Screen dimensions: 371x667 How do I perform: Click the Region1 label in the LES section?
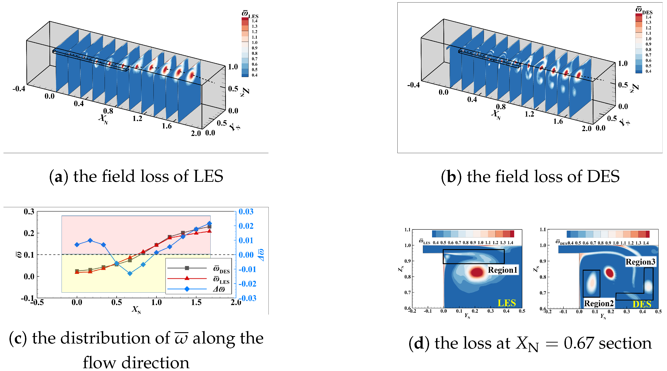(502, 270)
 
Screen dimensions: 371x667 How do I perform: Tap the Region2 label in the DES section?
(599, 303)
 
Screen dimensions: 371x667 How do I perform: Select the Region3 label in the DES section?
(640, 262)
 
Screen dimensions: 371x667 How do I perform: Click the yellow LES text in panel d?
(506, 303)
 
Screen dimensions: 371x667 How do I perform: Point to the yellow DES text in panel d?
(642, 304)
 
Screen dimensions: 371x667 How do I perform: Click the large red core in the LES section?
(477, 272)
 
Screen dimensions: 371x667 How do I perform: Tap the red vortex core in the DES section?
(610, 273)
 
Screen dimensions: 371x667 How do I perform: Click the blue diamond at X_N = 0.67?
(130, 273)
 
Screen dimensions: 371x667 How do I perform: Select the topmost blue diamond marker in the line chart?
(209, 223)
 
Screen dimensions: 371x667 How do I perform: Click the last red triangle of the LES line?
(209, 231)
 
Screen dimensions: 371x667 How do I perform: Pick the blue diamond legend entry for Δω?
(187, 289)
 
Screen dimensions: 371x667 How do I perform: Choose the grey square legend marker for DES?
(187, 268)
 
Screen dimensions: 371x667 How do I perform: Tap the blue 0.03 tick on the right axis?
(246, 212)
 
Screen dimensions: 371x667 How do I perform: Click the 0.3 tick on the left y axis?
(29, 212)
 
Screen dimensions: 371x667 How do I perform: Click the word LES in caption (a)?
(208, 176)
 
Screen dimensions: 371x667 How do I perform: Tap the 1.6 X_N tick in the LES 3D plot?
(167, 126)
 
